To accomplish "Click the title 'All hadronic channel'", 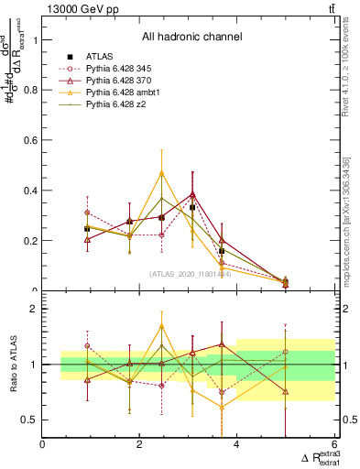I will pyautogui.click(x=191, y=38).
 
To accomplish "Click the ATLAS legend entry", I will pyautogui.click(x=102, y=57).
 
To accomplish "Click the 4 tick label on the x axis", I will pyautogui.click(x=237, y=444).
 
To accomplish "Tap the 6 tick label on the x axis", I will pyautogui.click(x=333, y=444).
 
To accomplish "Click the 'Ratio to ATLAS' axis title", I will pyautogui.click(x=13, y=365).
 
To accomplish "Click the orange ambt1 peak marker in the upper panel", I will pyautogui.click(x=162, y=172).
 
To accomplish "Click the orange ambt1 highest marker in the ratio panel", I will pyautogui.click(x=162, y=325).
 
